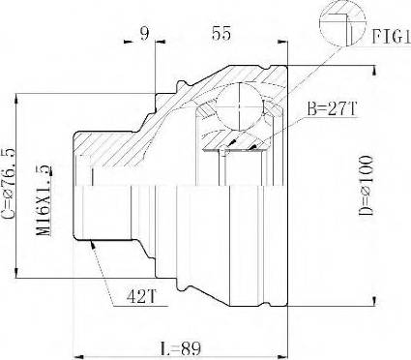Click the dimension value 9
(x=145, y=33)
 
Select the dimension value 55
(x=221, y=33)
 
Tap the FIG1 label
(x=392, y=36)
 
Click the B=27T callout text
(x=332, y=108)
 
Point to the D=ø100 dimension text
(x=366, y=186)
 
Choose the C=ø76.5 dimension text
(x=9, y=184)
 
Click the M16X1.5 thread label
(x=44, y=200)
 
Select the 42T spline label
(x=141, y=296)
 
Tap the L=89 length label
(x=181, y=348)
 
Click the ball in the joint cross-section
(x=239, y=106)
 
